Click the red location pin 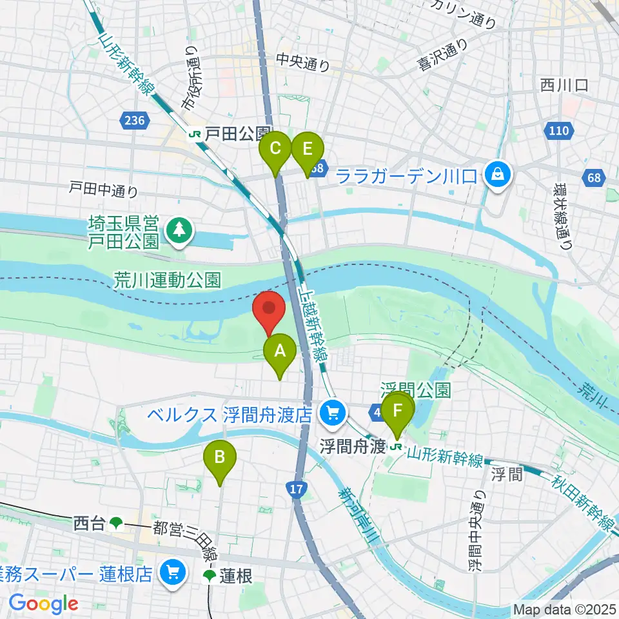point(268,311)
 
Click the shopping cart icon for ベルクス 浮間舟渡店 point(333,413)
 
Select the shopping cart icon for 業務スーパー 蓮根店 point(172,572)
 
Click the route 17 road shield point(296,491)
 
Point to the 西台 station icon point(116,523)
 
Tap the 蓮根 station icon point(210,576)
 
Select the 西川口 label point(564,86)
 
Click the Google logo point(43,604)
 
